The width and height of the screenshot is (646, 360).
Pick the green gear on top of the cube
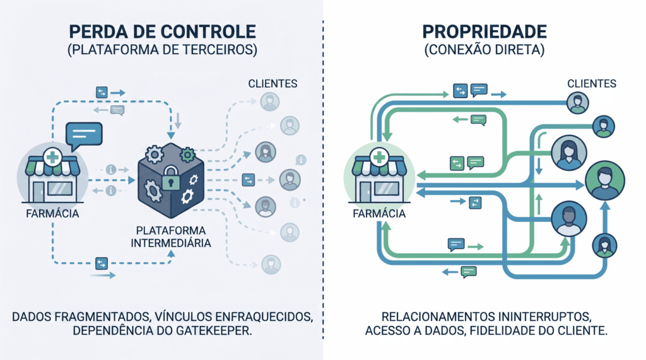[187, 154]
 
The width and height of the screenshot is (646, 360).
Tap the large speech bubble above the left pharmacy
[84, 134]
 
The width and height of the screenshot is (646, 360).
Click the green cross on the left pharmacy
[52, 157]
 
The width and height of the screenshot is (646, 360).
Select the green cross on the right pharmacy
[379, 157]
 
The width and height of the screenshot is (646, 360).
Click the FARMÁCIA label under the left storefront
[52, 213]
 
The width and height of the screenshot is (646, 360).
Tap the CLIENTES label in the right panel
[592, 83]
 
